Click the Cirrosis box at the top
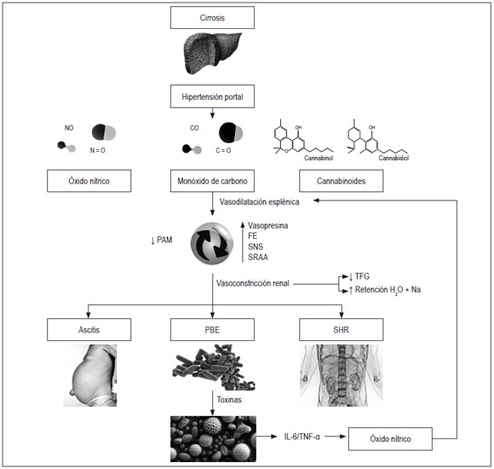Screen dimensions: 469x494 click(211, 16)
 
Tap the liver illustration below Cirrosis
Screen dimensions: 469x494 click(211, 52)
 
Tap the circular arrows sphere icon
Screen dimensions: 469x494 click(211, 242)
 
